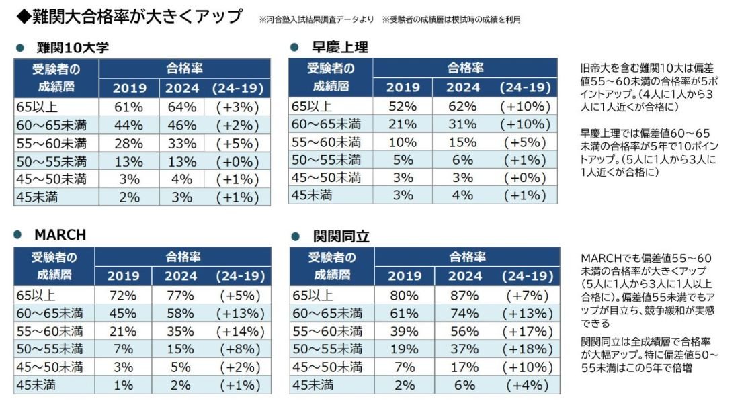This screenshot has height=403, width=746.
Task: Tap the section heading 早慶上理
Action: [x=340, y=48]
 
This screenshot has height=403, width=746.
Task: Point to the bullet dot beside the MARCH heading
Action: [x=20, y=236]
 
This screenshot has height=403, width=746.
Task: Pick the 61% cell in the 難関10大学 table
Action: [x=129, y=107]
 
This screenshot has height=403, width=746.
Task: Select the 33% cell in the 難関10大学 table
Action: [x=182, y=143]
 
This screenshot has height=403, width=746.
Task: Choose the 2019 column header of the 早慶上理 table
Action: [x=403, y=87]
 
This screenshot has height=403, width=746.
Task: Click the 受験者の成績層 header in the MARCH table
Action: [x=54, y=266]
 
